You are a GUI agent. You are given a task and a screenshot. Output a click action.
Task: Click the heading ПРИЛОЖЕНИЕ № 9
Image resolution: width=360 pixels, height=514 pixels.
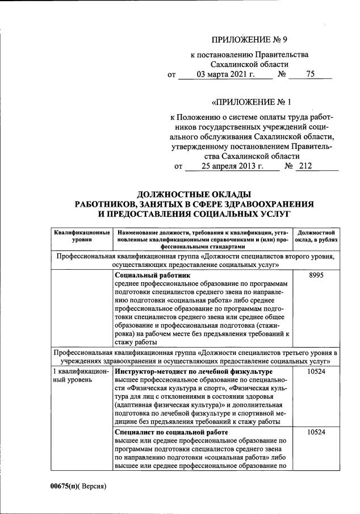pyautogui.click(x=250, y=40)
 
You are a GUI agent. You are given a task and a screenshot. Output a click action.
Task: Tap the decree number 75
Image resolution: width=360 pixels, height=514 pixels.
pyautogui.click(x=310, y=74)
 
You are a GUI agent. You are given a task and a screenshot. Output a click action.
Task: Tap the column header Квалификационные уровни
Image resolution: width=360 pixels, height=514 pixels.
pyautogui.click(x=82, y=237)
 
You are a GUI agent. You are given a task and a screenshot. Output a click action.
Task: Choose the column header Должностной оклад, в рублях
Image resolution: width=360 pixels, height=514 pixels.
pyautogui.click(x=319, y=237)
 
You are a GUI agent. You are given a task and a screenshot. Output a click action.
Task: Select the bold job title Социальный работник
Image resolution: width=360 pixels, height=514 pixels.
pyautogui.click(x=152, y=275)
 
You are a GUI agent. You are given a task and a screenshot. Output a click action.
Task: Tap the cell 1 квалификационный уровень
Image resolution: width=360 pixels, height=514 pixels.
pyautogui.click(x=81, y=375)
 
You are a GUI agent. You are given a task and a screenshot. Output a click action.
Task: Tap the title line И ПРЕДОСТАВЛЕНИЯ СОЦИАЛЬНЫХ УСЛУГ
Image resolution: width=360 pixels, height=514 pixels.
pyautogui.click(x=194, y=214)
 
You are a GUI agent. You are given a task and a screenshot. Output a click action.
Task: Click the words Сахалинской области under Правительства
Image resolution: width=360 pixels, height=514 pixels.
pyautogui.click(x=250, y=65)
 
